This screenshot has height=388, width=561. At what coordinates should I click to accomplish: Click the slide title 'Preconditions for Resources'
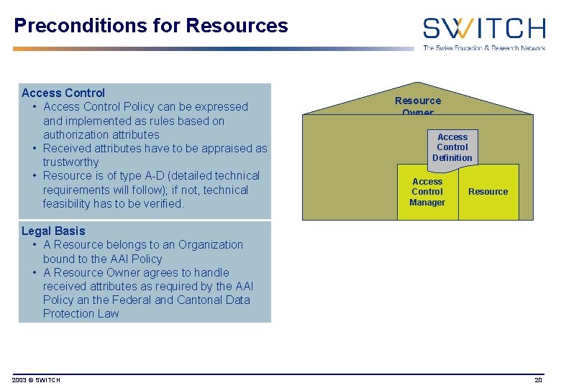click(x=150, y=26)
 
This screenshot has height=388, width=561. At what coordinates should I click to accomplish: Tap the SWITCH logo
click(x=483, y=28)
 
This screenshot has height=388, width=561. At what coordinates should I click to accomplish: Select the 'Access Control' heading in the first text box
click(x=63, y=93)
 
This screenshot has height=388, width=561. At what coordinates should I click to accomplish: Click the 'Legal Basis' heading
click(x=53, y=231)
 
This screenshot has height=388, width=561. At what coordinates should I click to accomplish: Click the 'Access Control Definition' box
click(x=452, y=147)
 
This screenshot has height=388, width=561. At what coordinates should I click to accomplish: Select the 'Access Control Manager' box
click(x=427, y=192)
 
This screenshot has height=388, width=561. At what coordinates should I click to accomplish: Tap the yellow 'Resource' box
click(x=488, y=192)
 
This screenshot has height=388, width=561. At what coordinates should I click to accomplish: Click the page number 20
click(x=538, y=379)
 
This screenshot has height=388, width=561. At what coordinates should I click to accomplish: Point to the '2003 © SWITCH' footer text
click(x=37, y=379)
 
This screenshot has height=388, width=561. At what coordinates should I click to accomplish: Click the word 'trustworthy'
click(x=70, y=162)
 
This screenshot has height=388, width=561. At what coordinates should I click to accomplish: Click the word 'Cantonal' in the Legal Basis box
click(x=200, y=300)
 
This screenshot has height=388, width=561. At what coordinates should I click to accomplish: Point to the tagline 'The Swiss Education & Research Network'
click(x=483, y=48)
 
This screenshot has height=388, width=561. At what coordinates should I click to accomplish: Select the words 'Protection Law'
click(x=81, y=314)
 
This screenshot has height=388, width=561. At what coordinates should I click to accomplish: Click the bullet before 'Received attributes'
click(x=35, y=149)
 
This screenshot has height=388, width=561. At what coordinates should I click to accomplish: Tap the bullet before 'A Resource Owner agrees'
click(x=35, y=273)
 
